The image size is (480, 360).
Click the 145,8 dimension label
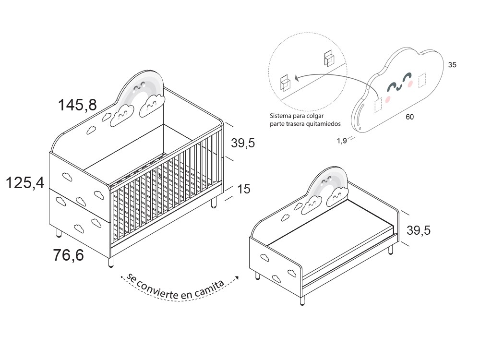click(77, 105)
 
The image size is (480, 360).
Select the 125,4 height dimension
click(25, 183)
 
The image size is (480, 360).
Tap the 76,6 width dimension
click(69, 255)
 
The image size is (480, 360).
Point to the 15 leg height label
click(244, 189)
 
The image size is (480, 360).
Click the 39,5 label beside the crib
click(243, 143)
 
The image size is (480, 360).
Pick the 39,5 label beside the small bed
click(419, 230)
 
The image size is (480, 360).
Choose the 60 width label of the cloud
click(409, 117)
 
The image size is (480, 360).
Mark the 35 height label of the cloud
click(452, 65)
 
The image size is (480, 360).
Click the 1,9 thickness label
click(342, 141)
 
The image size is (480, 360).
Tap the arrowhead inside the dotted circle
click(296, 78)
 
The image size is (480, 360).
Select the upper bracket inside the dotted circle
click(329, 58)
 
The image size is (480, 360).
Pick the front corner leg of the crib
click(111, 262)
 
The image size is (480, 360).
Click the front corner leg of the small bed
click(302, 300)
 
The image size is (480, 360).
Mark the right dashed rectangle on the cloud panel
click(422, 80)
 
